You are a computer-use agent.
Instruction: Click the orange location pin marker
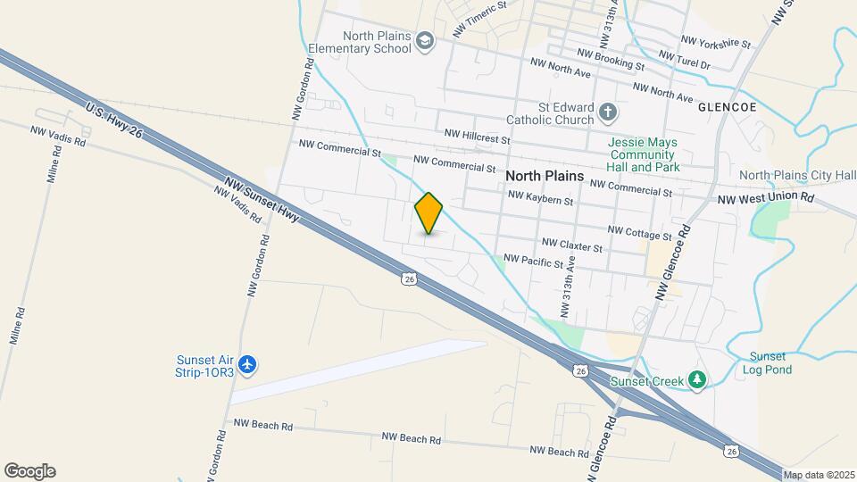tap(428, 212)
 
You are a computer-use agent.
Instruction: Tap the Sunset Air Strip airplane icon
tap(248, 364)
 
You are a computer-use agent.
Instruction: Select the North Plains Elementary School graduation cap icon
tap(425, 41)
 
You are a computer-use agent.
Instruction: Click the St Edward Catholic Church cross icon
tap(608, 112)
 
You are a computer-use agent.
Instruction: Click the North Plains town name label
tap(545, 176)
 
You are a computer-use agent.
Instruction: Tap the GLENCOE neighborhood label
tap(728, 106)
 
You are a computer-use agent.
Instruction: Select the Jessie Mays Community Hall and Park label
tap(643, 154)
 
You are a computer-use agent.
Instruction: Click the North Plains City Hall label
tap(797, 175)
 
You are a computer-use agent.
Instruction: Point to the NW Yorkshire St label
tap(716, 41)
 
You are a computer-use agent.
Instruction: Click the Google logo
tap(29, 471)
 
